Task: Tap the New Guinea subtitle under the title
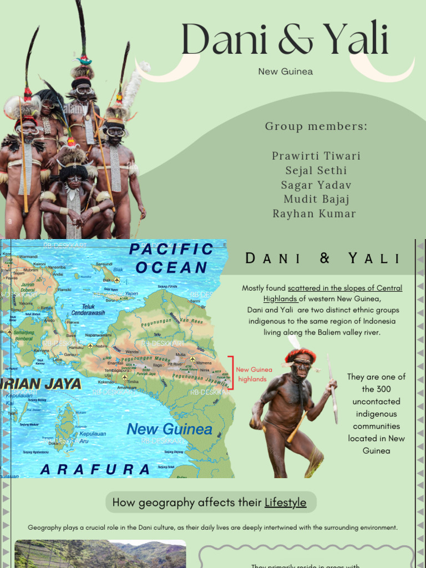(285, 72)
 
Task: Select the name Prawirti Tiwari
(316, 156)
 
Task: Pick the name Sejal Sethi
(315, 170)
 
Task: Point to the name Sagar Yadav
(316, 185)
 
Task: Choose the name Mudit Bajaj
(316, 199)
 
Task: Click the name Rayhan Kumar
(315, 214)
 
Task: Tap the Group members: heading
(316, 126)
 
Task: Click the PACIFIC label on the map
(171, 250)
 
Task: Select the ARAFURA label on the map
(95, 469)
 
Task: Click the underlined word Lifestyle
(285, 503)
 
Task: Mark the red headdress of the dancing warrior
(300, 354)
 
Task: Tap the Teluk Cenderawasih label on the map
(88, 310)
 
